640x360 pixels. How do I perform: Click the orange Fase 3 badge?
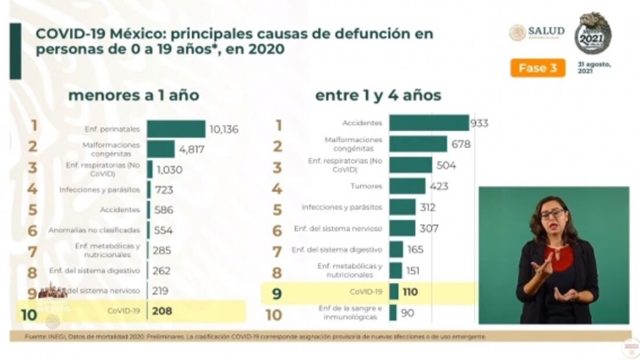[x=537, y=68]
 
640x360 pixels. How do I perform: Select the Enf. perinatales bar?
[x=175, y=129]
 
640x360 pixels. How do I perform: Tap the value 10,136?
[x=224, y=129]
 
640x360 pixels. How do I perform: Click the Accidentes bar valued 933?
[x=429, y=123]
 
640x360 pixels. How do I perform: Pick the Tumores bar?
[x=407, y=186]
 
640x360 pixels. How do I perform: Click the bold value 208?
[x=163, y=311]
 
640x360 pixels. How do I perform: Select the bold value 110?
[x=410, y=291]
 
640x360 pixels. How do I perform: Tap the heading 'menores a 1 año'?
[x=134, y=95]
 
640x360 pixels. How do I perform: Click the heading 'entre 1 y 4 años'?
[x=378, y=95]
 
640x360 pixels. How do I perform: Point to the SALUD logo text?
[x=545, y=31]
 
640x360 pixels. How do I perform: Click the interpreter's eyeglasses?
[x=552, y=214]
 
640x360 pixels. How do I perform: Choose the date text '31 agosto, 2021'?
[x=594, y=67]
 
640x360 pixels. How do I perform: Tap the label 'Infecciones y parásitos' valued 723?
[x=99, y=190]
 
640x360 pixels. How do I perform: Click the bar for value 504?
[x=411, y=165]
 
